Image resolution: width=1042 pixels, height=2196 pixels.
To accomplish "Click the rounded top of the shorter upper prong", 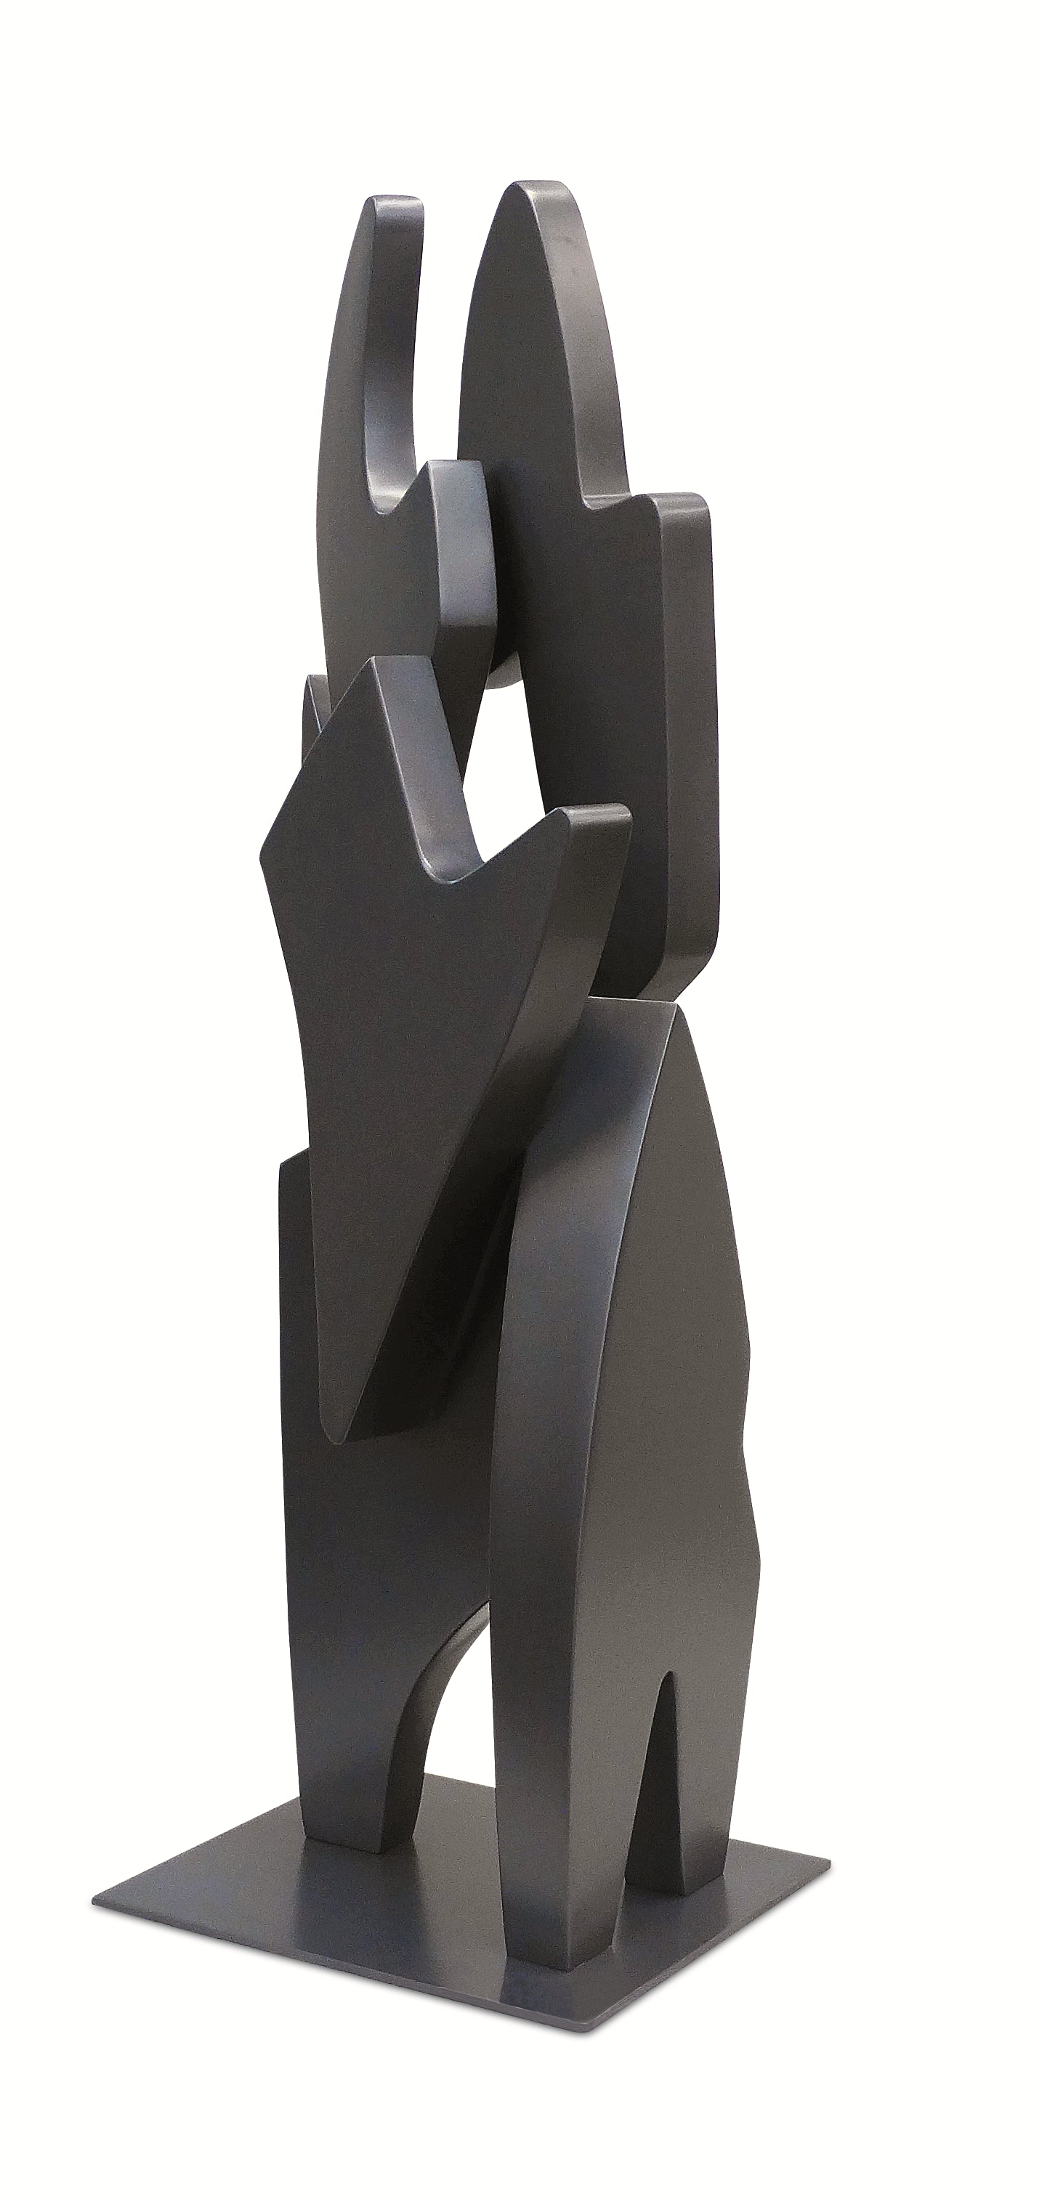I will click(394, 205).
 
